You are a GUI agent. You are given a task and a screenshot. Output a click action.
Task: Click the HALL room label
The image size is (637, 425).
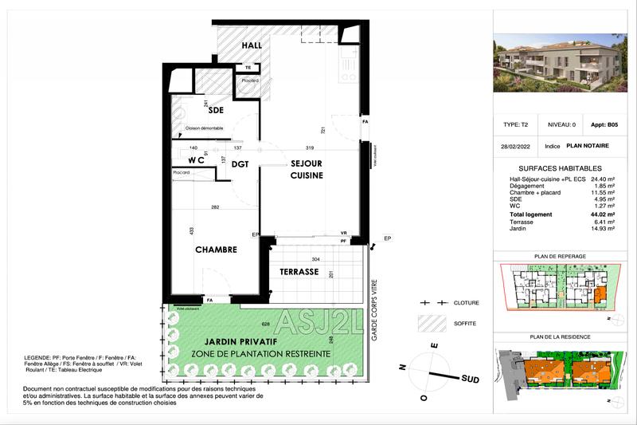[252, 46]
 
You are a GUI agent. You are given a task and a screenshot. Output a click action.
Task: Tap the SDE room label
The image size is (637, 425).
[216, 110]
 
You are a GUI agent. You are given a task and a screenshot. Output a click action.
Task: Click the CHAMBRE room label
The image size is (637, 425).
[216, 250]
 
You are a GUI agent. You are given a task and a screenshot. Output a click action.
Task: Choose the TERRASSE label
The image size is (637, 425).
[299, 272]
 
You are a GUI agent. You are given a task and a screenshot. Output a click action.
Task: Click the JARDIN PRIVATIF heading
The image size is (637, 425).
[222, 340]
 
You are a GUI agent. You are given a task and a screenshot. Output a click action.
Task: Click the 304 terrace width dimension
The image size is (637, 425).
[317, 260]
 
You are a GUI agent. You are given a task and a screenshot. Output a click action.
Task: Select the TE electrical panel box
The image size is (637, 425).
[248, 68]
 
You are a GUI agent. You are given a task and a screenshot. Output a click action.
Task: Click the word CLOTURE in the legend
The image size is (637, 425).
[466, 304]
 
